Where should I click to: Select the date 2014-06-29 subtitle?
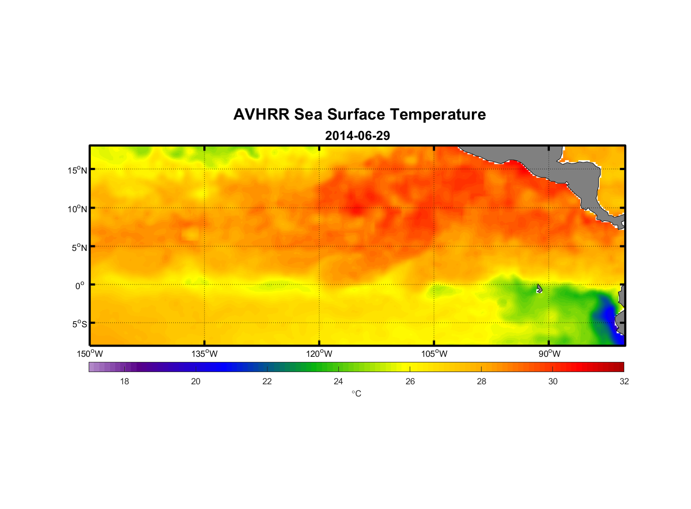click(357, 136)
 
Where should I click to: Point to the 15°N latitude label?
click(77, 170)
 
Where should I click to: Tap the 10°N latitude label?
click(77, 209)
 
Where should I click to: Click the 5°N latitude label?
click(79, 247)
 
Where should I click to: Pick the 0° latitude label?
click(80, 286)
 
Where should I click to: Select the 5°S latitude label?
click(79, 324)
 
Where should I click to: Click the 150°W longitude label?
click(90, 354)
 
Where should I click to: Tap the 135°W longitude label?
click(205, 354)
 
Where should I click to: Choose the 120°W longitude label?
click(320, 354)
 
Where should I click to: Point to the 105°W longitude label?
click(434, 354)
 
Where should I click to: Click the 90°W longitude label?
click(549, 354)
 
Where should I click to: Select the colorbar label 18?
click(124, 381)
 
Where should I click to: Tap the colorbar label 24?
click(338, 381)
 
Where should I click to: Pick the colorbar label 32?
click(624, 381)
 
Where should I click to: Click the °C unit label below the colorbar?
click(356, 393)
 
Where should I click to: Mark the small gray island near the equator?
click(539, 289)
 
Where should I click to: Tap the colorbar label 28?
click(482, 381)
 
